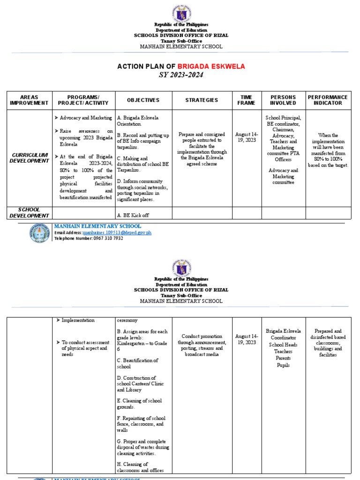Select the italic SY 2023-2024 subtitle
(181, 75)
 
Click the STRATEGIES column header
(202, 100)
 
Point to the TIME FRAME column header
(246, 100)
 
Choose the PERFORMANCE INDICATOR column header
(328, 100)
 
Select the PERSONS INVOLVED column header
(283, 100)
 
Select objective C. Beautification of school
(137, 363)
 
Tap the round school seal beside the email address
(39, 232)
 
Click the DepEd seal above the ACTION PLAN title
(181, 10)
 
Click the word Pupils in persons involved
(283, 365)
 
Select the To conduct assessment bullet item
(84, 348)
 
